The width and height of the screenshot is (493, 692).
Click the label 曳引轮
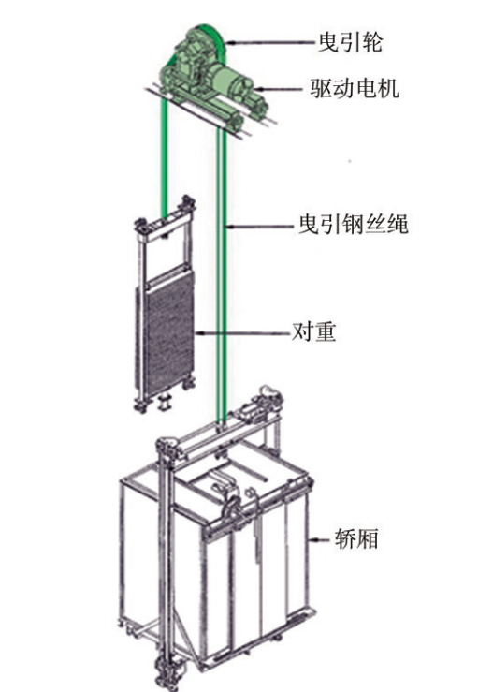351,42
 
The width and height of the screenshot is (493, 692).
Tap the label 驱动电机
355,88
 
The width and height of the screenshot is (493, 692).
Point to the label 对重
314,331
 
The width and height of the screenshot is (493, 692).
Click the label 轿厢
356,538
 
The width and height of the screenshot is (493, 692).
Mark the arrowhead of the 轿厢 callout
312,538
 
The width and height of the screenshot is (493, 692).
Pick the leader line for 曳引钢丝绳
260,227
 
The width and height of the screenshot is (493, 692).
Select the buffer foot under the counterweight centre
165,403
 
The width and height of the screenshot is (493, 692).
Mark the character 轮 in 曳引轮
371,42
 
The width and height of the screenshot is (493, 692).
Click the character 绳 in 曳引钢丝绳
398,224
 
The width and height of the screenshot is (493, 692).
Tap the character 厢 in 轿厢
368,538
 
